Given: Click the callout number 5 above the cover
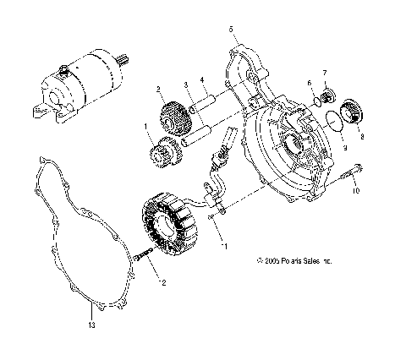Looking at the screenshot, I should pyautogui.click(x=231, y=29).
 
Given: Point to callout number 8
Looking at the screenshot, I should pyautogui.click(x=363, y=135).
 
